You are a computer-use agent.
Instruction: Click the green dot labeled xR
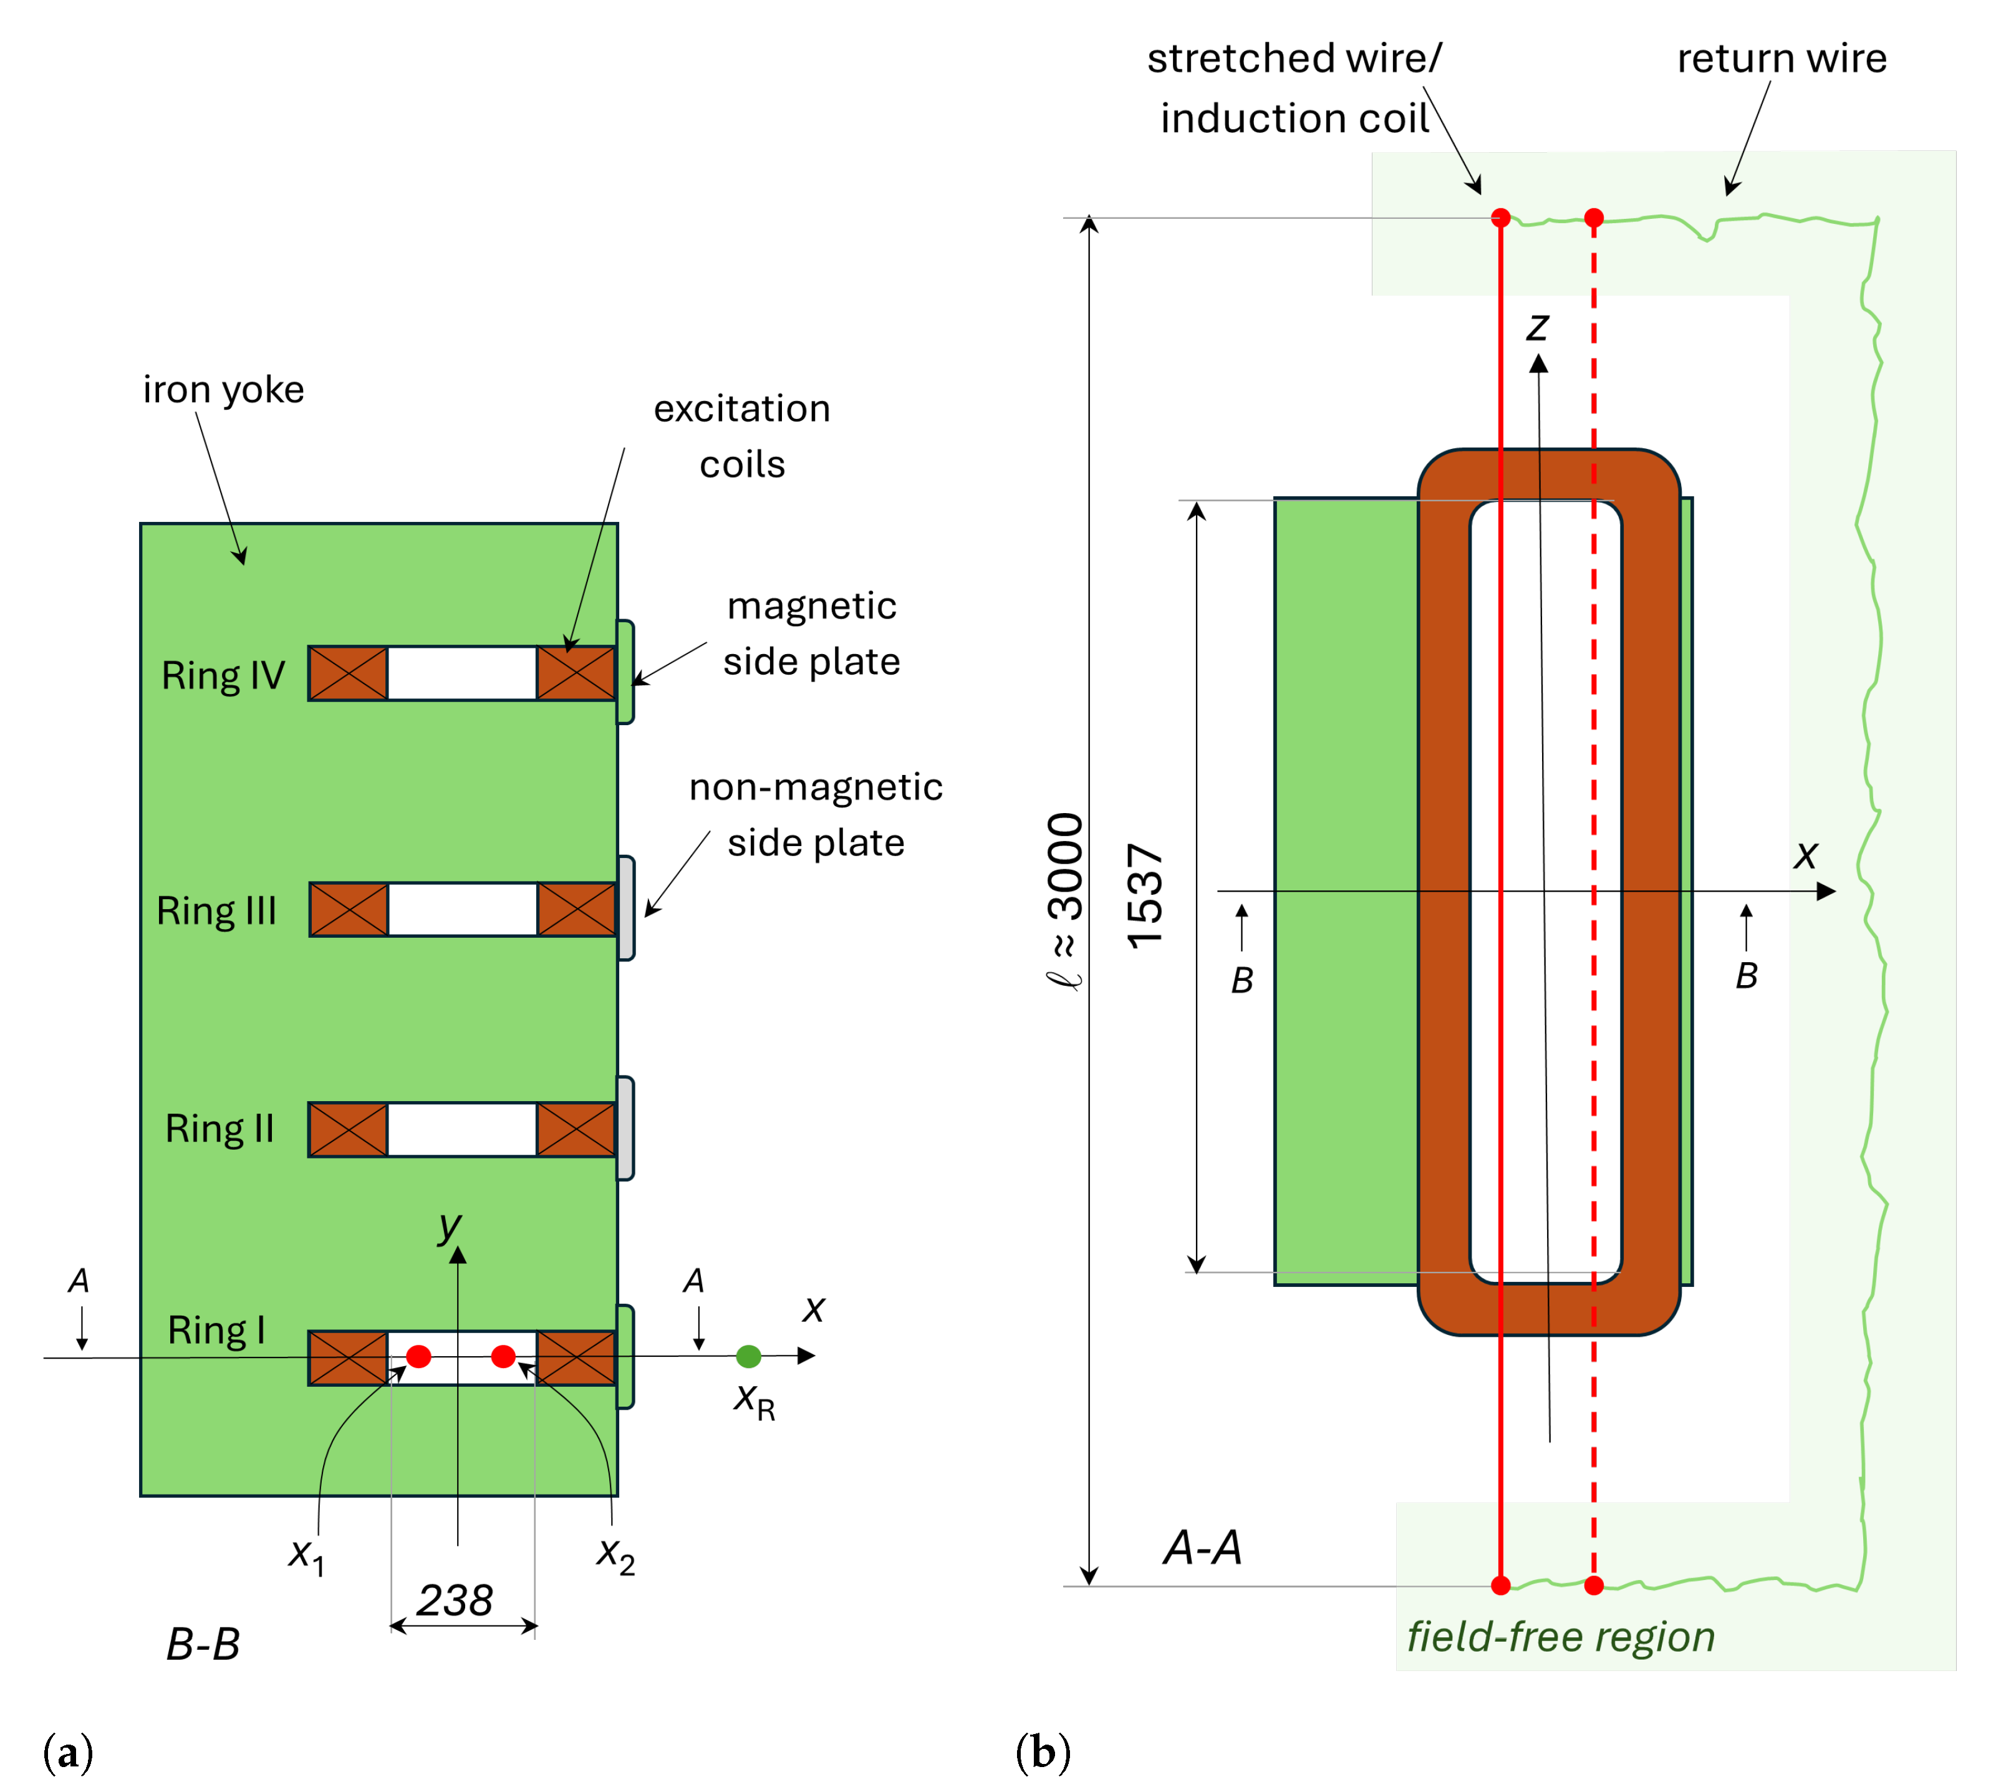click(x=748, y=1357)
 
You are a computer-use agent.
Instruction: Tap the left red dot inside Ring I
click(x=418, y=1357)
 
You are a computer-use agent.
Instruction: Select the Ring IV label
click(x=223, y=675)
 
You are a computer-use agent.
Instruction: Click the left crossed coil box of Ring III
click(x=349, y=909)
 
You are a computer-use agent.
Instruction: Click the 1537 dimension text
click(x=1145, y=896)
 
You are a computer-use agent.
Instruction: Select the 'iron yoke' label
click(x=223, y=390)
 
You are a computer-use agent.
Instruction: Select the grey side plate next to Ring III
click(x=626, y=908)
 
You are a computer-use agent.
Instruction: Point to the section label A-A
click(x=1202, y=1548)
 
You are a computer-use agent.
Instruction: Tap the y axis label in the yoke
click(x=450, y=1226)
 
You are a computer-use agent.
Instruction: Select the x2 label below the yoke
click(x=615, y=1554)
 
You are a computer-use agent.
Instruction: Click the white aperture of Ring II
click(x=462, y=1129)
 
